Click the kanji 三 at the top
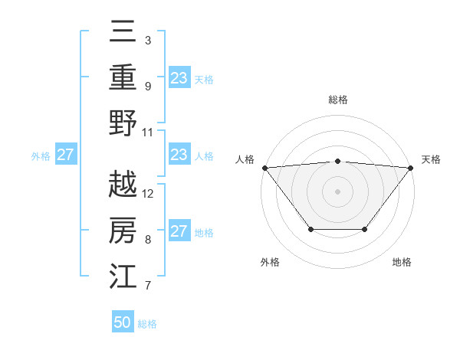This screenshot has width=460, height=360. (123, 31)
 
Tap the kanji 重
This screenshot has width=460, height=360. (123, 77)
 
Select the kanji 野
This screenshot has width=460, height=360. (123, 122)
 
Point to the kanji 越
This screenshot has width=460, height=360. (123, 184)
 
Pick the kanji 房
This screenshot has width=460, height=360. (123, 230)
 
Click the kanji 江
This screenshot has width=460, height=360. (123, 275)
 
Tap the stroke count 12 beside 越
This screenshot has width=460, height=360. (149, 193)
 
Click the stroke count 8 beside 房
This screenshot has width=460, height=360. (148, 239)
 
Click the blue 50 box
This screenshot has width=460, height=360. (123, 322)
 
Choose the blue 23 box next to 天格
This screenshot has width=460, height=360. (179, 78)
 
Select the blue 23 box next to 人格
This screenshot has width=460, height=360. (179, 155)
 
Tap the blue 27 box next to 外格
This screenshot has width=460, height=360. (65, 155)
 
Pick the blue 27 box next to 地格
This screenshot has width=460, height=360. (179, 231)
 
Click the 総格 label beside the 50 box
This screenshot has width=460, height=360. (147, 324)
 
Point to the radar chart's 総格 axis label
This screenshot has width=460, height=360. (337, 100)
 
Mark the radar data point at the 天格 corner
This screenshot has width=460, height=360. (410, 167)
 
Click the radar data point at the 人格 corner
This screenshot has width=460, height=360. (264, 167)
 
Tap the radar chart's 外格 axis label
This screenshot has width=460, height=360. (270, 263)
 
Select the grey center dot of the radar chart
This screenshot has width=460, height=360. (337, 191)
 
